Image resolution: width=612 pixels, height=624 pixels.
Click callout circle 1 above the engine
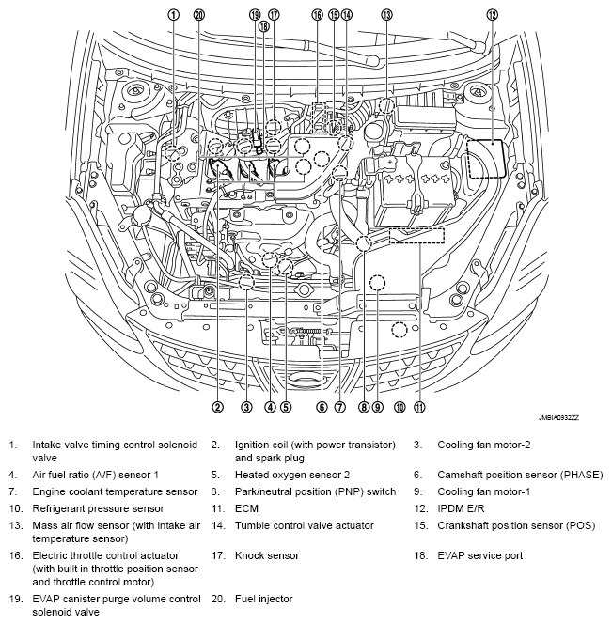point(173,14)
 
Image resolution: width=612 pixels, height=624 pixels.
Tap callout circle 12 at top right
point(493,14)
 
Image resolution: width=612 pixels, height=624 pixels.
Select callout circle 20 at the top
point(198,14)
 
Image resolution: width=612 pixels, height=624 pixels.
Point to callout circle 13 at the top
point(386,14)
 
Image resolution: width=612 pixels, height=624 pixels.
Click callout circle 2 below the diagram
point(217,407)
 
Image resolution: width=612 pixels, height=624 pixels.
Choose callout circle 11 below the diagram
point(419,407)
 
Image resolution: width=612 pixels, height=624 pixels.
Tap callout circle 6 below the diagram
point(322,407)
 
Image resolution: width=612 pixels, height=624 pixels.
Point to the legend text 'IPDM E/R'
point(461,507)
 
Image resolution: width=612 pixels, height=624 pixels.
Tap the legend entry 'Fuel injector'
point(263,599)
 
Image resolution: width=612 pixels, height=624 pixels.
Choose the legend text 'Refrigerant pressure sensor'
point(98,507)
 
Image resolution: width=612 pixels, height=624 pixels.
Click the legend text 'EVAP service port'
point(479,555)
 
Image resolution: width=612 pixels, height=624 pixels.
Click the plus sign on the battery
point(388,162)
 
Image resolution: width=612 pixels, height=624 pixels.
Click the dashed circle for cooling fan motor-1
point(379,281)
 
